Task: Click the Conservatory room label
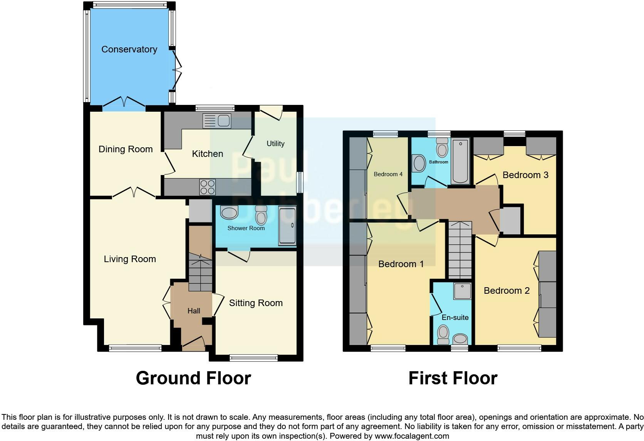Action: (129, 49)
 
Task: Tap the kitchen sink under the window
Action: (217, 121)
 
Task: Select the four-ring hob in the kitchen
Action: (207, 187)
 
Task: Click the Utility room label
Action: (275, 144)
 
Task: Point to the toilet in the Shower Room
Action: (261, 215)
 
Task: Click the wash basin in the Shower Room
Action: (230, 212)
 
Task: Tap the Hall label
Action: (194, 311)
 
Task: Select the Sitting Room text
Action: (256, 303)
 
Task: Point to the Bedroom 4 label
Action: (388, 174)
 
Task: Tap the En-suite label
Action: (455, 318)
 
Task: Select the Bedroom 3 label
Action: (525, 175)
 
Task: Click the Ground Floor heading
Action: (193, 378)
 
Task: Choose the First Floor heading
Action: (453, 378)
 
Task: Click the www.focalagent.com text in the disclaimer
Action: (411, 436)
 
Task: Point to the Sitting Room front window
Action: (253, 358)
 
